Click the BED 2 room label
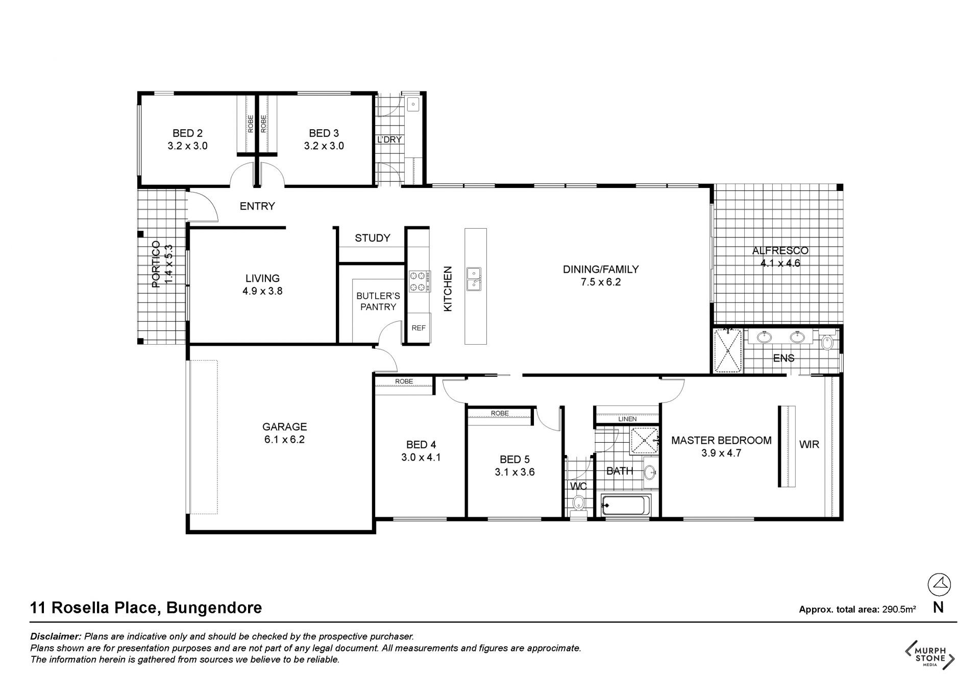click(187, 133)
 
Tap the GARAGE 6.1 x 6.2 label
click(284, 433)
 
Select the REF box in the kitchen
click(419, 328)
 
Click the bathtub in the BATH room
click(626, 506)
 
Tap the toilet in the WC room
click(578, 501)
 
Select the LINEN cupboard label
click(627, 419)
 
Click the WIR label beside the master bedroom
click(809, 444)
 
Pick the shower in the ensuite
click(728, 351)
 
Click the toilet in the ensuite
click(827, 341)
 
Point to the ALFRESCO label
click(780, 251)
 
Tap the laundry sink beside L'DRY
click(412, 105)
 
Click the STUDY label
click(373, 238)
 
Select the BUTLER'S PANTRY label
click(378, 301)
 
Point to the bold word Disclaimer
click(56, 637)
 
